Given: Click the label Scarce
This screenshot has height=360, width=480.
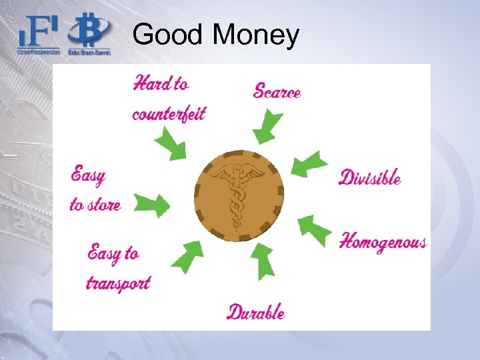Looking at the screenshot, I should (277, 91).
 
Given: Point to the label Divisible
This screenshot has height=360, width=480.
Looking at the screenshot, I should (370, 177).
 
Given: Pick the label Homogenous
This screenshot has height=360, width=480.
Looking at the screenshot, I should (383, 241).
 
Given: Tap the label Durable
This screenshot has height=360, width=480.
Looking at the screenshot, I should (256, 312).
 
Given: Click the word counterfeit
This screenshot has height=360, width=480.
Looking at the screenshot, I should (169, 113).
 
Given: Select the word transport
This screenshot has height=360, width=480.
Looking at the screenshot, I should (118, 283).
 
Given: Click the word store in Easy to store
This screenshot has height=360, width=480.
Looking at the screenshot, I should (104, 205).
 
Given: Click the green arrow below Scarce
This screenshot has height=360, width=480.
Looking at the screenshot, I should (267, 127).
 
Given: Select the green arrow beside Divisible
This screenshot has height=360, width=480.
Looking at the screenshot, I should (310, 164).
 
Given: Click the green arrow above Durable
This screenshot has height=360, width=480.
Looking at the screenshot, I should (262, 259).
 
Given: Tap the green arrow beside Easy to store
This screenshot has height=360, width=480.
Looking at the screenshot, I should (152, 205).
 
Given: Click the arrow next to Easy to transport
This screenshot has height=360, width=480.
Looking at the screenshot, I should (187, 255).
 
